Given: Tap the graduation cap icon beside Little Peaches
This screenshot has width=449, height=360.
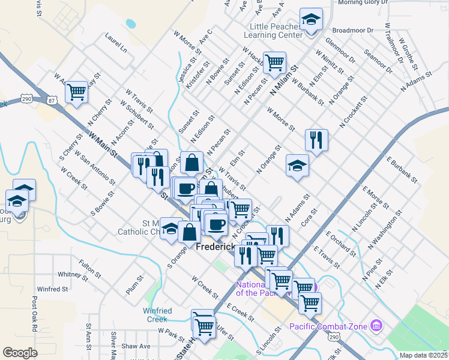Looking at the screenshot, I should pos(311,20).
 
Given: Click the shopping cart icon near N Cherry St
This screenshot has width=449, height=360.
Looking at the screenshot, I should pos(77,92).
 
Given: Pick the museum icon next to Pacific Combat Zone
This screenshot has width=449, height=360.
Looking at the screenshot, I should pos(376,326).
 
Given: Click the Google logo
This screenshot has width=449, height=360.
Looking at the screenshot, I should pos(20,353).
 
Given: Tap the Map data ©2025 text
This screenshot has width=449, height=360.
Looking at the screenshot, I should pos(423,355).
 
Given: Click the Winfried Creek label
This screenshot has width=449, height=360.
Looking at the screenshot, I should pos(157,315).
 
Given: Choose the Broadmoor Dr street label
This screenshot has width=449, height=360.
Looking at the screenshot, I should pos(352,29).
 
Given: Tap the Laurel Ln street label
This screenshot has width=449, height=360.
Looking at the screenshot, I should pos(116,46).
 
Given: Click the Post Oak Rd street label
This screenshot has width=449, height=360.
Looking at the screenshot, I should pos(35,313).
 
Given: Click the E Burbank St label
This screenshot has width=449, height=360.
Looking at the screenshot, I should pos(402,169).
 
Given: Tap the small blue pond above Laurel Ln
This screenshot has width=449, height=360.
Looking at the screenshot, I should pos(130,25).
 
